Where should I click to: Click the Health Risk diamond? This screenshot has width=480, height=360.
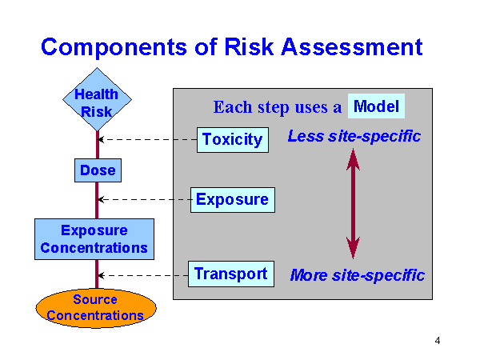pyautogui.click(x=97, y=102)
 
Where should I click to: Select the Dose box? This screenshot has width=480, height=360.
pyautogui.click(x=98, y=170)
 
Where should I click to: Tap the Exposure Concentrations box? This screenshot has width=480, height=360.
pyautogui.click(x=94, y=239)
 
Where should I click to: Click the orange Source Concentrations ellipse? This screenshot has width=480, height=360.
pyautogui.click(x=95, y=308)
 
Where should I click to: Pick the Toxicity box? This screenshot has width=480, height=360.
pyautogui.click(x=232, y=139)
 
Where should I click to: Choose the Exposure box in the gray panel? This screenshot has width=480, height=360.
pyautogui.click(x=232, y=199)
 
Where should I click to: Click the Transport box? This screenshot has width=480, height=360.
pyautogui.click(x=230, y=274)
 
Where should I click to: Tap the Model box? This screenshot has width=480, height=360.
pyautogui.click(x=376, y=106)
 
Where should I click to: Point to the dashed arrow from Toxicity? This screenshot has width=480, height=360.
pyautogui.click(x=148, y=139)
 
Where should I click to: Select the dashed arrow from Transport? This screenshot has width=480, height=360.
pyautogui.click(x=144, y=275)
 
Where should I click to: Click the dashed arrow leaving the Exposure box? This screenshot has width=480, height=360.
pyautogui.click(x=144, y=199)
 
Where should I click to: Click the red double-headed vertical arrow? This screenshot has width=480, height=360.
pyautogui.click(x=353, y=204)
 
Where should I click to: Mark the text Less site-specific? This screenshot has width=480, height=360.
pyautogui.click(x=354, y=136)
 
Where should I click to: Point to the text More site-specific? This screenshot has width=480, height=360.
pyautogui.click(x=357, y=275)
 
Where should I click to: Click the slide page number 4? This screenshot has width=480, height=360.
pyautogui.click(x=438, y=341)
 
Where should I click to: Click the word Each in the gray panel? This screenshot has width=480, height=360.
pyautogui.click(x=232, y=107)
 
